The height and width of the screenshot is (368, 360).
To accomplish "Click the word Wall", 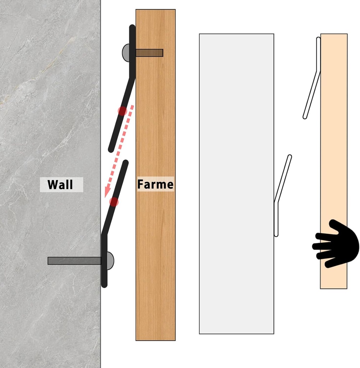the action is (x=60, y=184).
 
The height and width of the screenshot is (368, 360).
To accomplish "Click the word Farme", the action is (x=155, y=184).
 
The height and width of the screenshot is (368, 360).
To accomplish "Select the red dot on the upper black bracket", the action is (x=122, y=111).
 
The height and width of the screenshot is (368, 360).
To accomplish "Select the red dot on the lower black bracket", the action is (x=114, y=202).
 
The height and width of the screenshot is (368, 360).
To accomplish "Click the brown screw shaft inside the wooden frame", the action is (x=149, y=53).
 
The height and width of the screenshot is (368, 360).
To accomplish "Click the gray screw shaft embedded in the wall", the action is (x=74, y=261).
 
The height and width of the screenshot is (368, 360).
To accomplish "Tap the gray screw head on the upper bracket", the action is (x=126, y=53).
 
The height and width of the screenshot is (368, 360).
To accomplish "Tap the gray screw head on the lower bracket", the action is (x=110, y=261).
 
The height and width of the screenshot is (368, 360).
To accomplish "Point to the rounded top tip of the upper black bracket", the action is (x=132, y=27).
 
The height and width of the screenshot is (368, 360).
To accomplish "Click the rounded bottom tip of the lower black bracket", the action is (x=104, y=285).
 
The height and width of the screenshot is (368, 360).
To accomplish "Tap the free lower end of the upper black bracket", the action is (x=111, y=149).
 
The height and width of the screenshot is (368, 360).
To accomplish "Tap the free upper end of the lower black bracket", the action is (x=126, y=162).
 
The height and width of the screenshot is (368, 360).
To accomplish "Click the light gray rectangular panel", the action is (x=237, y=184).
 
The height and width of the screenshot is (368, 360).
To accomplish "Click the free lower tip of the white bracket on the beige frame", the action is (x=305, y=117).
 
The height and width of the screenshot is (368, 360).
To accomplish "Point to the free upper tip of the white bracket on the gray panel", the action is (x=290, y=157).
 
